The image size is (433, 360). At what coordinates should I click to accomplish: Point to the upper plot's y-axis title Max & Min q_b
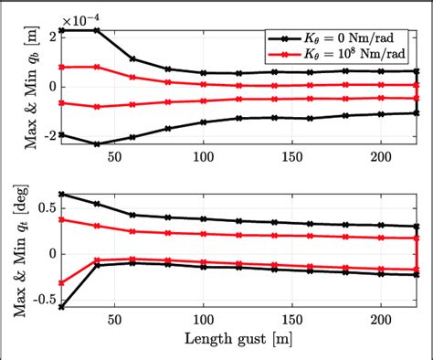click(16, 87)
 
